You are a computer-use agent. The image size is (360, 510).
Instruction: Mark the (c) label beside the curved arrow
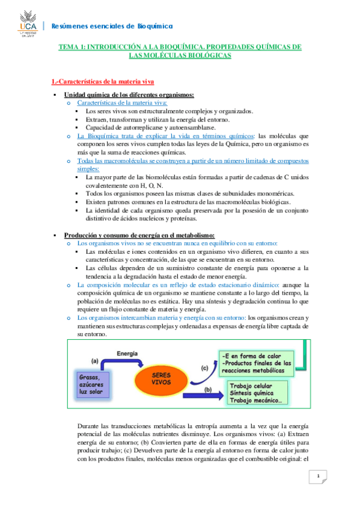(x=204, y=367)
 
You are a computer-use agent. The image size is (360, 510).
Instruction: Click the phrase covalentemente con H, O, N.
(x=125, y=186)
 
